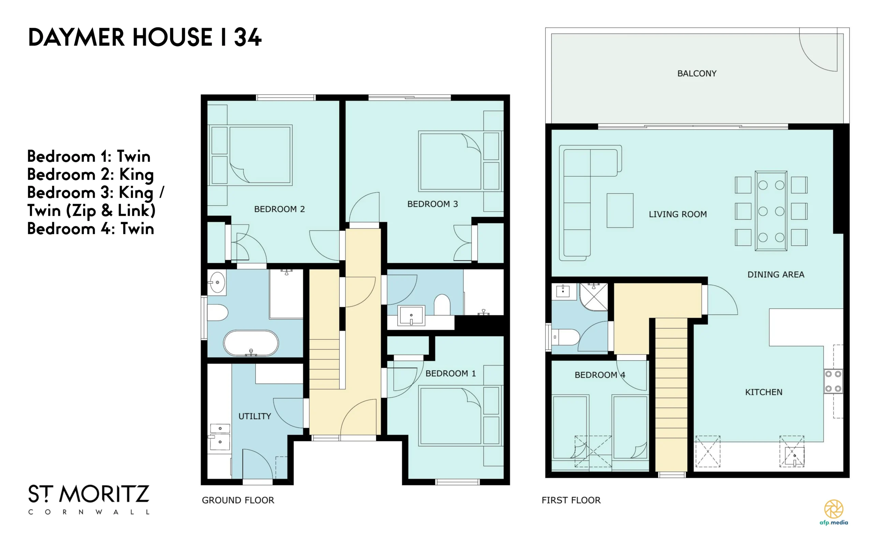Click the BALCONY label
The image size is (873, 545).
pos(697,74)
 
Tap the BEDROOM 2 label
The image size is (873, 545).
pos(279,209)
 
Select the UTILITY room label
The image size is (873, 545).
pos(255,416)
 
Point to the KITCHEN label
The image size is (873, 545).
pos(764,392)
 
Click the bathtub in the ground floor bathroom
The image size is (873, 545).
pos(251,343)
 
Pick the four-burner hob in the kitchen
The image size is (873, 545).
pos(833,381)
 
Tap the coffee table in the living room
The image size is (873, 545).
pos(620,211)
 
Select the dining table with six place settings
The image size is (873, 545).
pos(771,211)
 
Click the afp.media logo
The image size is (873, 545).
pos(834,512)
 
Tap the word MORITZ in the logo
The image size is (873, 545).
pos(104,494)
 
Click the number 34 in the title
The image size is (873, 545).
pos(247,37)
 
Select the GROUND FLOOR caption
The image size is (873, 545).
pos(238,500)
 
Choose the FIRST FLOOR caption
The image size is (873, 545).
pos(571,500)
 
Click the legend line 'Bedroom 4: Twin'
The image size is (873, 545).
pos(90,228)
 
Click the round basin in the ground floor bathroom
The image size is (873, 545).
pos(217,283)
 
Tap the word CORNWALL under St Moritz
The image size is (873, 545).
pos(89,512)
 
